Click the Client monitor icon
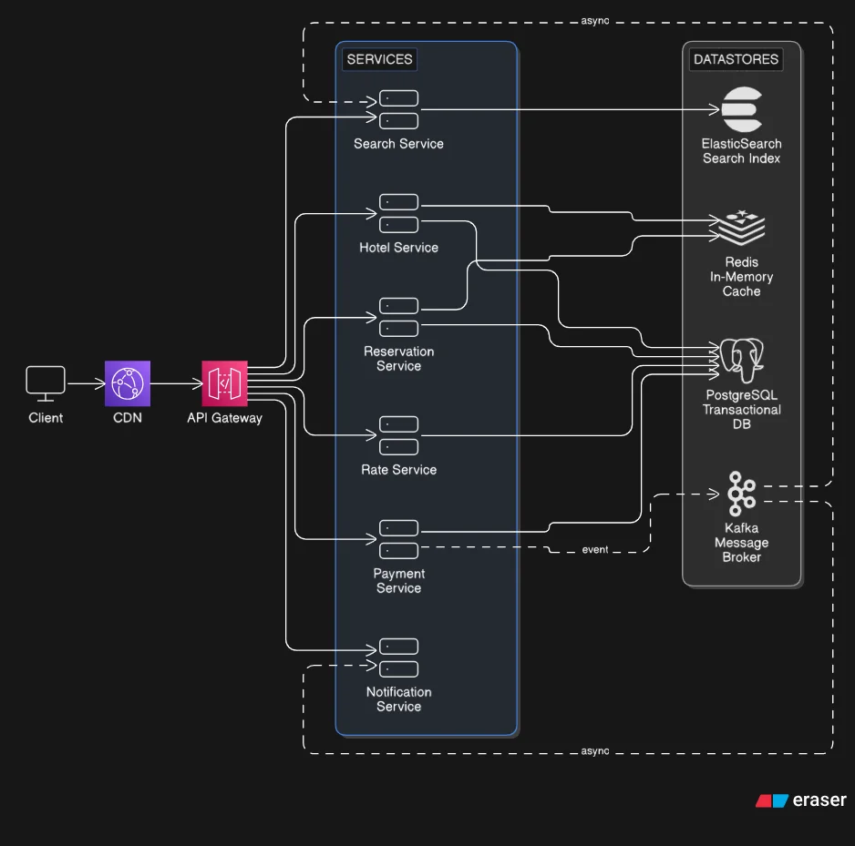[x=45, y=382]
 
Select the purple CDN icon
[x=128, y=383]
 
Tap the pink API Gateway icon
[x=224, y=383]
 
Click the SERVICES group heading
[x=380, y=60]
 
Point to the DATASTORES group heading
[x=736, y=60]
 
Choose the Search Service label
[x=398, y=144]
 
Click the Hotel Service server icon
[x=398, y=213]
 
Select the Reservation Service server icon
[x=398, y=317]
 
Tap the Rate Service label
[x=398, y=470]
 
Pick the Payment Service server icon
[x=398, y=539]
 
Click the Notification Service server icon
[x=398, y=657]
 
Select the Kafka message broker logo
[x=741, y=494]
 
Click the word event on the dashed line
[x=595, y=550]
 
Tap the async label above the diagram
[x=594, y=19]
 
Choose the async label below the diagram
[x=594, y=751]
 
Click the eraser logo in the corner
[x=801, y=800]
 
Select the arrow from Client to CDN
[x=85, y=383]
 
